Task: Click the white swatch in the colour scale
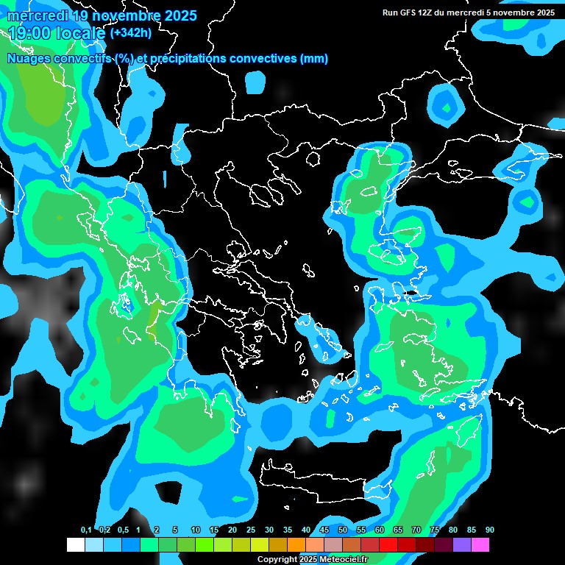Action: pos(75,544)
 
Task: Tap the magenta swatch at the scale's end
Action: pos(480,544)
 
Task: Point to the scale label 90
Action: pos(490,530)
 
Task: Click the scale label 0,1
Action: pos(86,530)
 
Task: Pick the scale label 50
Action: pos(343,530)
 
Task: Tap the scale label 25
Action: pos(251,530)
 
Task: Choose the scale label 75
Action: pos(435,530)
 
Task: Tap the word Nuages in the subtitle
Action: pos(29,59)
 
